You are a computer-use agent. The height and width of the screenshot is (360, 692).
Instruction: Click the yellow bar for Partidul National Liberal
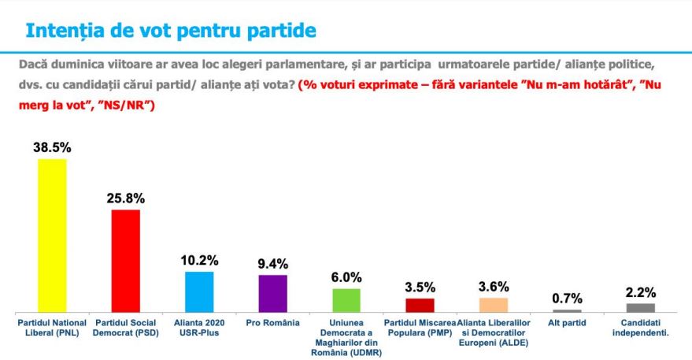(52, 235)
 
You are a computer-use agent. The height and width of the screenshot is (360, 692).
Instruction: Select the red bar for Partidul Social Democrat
(125, 260)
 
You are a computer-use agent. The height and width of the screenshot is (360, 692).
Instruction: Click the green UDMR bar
(346, 299)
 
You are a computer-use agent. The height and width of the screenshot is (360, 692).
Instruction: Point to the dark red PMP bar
(420, 304)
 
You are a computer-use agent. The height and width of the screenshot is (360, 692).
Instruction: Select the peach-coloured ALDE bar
(494, 304)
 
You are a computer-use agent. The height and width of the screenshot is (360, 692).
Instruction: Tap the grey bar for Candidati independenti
(640, 307)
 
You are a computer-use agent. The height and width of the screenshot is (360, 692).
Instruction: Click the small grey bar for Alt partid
(567, 310)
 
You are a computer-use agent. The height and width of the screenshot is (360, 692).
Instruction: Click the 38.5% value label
(52, 147)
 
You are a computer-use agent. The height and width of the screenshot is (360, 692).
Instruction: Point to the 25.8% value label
(125, 198)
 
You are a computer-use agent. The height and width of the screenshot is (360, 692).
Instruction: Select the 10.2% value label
(199, 260)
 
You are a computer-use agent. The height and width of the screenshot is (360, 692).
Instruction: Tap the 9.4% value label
(272, 263)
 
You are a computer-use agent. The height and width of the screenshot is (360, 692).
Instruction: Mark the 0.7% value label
(567, 298)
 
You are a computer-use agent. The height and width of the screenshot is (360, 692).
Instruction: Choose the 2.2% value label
(640, 292)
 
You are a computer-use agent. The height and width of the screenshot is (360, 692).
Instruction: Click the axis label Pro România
(272, 323)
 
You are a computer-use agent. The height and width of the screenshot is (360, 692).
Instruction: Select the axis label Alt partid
(567, 323)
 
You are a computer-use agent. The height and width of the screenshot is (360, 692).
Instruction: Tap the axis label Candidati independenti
(640, 328)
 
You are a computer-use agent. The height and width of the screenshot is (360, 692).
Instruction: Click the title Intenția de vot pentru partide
(171, 31)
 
